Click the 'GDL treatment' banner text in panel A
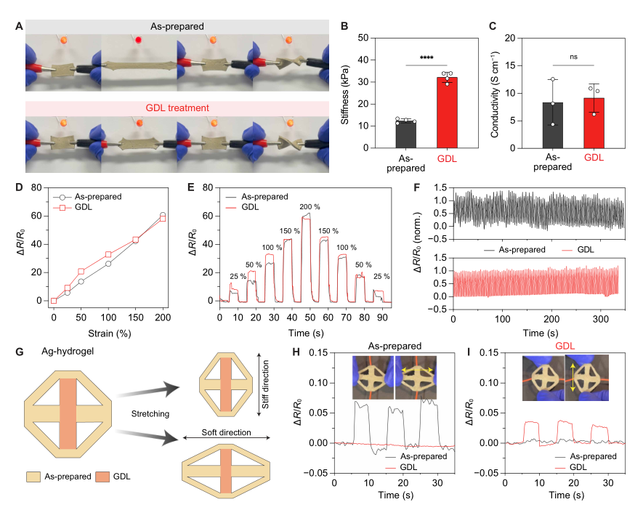(174, 108)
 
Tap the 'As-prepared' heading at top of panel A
(174, 27)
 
